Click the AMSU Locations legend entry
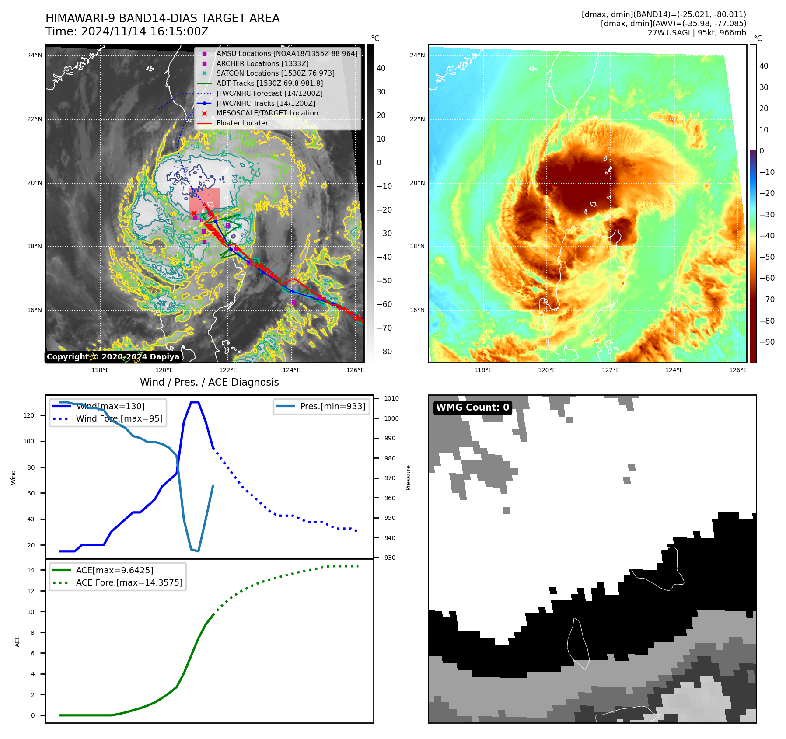[x=286, y=53]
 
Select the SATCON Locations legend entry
[x=275, y=73]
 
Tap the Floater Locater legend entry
[x=242, y=123]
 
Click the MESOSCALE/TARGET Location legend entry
[x=267, y=113]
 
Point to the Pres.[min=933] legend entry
[x=332, y=406]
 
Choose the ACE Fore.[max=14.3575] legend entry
[x=129, y=582]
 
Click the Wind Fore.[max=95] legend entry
[x=119, y=418]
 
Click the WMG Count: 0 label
[x=472, y=408]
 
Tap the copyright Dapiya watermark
[x=113, y=357]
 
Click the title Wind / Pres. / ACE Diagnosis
[x=209, y=382]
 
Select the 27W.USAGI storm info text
[x=697, y=33]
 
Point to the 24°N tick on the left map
[x=35, y=55]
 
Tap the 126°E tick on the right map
[x=738, y=370]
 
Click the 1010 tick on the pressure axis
[x=391, y=398]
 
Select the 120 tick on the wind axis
[x=29, y=415]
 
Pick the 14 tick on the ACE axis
[x=31, y=570]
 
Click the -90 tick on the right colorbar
[x=767, y=342]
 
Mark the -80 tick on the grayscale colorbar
[x=384, y=352]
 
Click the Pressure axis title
[x=408, y=478]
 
